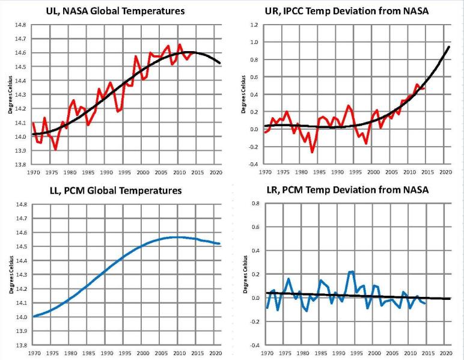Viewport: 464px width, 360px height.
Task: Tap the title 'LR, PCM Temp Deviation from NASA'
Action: (x=347, y=191)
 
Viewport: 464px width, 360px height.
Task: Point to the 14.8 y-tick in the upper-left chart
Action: (x=20, y=25)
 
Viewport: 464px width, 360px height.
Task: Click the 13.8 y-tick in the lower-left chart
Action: (x=20, y=345)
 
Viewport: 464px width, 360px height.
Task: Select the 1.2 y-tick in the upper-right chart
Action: (x=254, y=25)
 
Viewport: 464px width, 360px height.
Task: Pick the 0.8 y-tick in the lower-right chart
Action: (x=254, y=204)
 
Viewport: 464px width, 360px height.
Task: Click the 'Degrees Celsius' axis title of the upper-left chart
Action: (x=10, y=94)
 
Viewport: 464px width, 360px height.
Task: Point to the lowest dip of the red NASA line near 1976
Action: (x=55, y=149)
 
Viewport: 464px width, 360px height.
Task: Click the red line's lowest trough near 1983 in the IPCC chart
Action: (x=313, y=152)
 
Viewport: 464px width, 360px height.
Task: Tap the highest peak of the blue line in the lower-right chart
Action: (x=352, y=272)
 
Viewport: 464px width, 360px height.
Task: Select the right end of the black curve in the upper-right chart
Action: (x=448, y=47)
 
